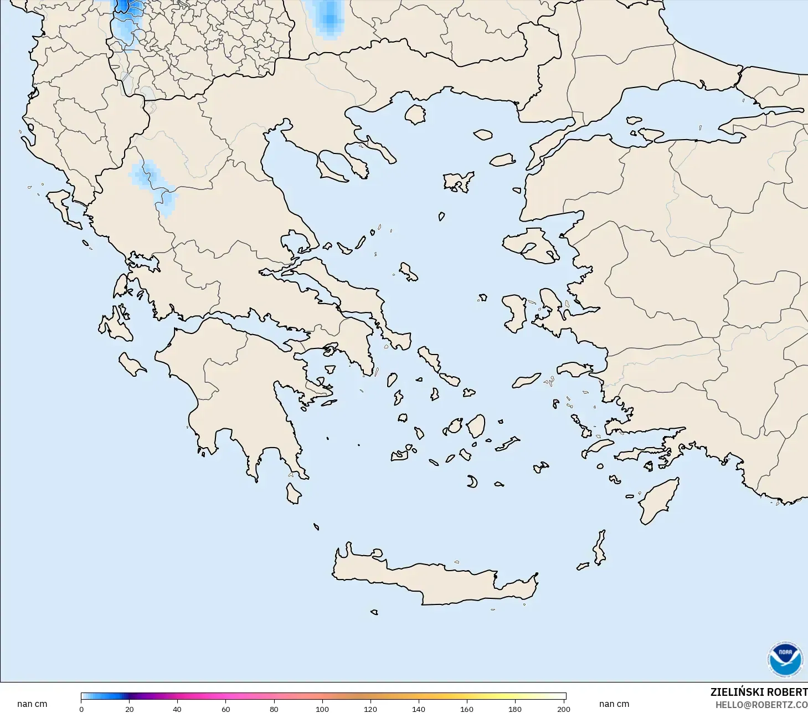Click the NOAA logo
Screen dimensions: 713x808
(x=785, y=659)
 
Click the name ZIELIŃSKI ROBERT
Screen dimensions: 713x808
(x=759, y=692)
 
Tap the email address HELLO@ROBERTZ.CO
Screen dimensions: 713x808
(x=761, y=705)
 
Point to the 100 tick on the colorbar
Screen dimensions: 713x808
(x=322, y=709)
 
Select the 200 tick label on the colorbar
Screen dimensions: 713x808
(x=563, y=709)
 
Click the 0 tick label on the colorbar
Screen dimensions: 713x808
(x=81, y=709)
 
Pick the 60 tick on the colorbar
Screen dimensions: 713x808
(x=226, y=709)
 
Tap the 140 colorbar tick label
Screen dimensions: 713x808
(x=419, y=709)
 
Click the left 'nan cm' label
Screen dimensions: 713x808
(x=32, y=704)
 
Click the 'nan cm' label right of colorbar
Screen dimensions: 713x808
(x=614, y=704)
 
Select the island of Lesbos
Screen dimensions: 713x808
(x=529, y=244)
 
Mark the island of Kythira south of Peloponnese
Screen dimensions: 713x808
(x=294, y=493)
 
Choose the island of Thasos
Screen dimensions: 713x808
(x=415, y=115)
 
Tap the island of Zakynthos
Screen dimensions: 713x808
(x=131, y=364)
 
